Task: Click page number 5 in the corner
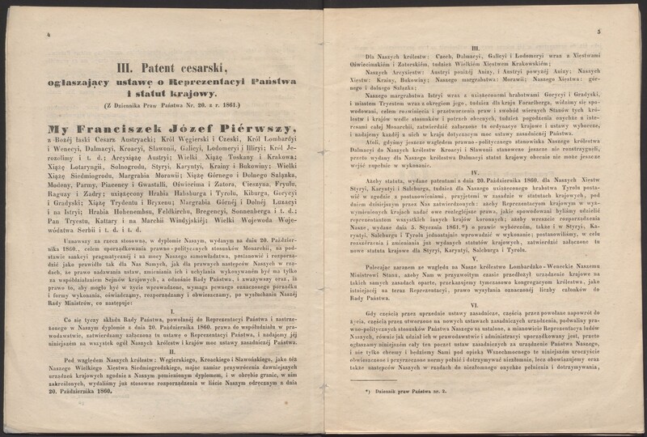coord(599,33)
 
